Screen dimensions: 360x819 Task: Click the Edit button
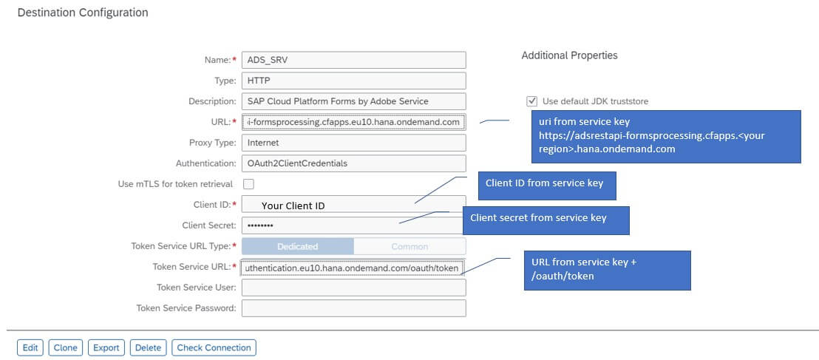tap(30, 347)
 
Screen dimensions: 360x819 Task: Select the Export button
tap(106, 347)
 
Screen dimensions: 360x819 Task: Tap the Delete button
tap(148, 347)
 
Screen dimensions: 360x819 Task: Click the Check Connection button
tap(214, 347)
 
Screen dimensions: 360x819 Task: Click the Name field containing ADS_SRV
tap(353, 60)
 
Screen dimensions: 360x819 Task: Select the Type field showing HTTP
tap(353, 81)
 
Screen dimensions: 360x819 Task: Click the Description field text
tap(353, 101)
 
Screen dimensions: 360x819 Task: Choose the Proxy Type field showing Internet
tap(353, 143)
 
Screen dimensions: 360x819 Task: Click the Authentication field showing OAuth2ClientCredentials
tap(353, 163)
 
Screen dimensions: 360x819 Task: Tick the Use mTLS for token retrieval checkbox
tap(248, 184)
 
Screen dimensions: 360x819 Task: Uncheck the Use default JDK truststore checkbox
tap(532, 101)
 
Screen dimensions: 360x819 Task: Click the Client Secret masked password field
tap(353, 225)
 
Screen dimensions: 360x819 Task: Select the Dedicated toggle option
tap(298, 246)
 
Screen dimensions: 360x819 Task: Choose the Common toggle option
tap(409, 246)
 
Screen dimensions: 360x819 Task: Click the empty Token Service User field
tap(353, 288)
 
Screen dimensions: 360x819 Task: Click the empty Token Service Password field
tap(353, 308)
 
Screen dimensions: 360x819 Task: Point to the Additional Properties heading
tap(569, 55)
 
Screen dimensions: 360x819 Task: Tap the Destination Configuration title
tap(82, 13)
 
